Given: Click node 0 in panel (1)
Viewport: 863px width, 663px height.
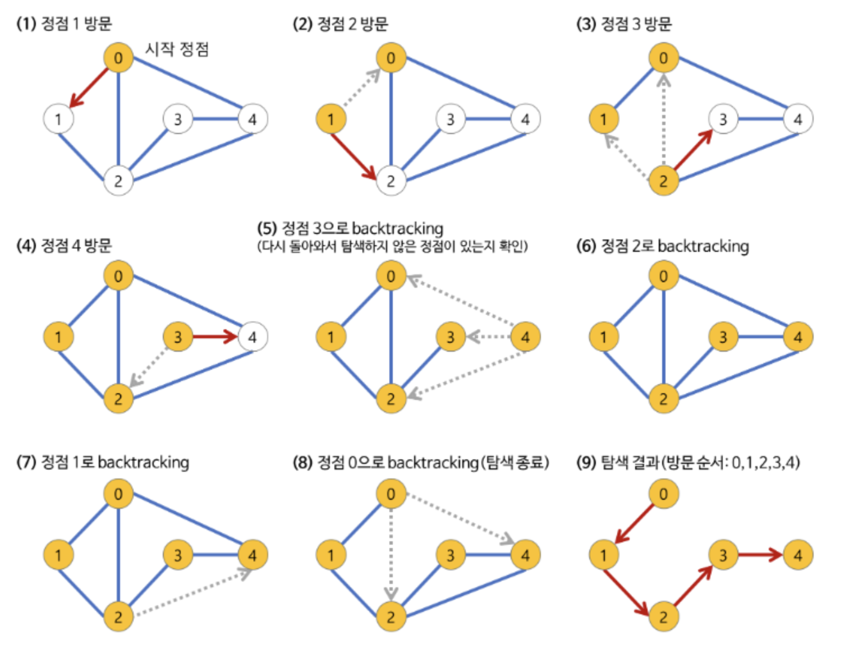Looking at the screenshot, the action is click(x=118, y=57).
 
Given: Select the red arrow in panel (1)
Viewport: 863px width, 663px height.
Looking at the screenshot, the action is click(x=89, y=87).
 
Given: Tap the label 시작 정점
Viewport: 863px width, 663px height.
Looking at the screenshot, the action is click(x=177, y=49).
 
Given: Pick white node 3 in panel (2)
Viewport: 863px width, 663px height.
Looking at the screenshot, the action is click(x=450, y=119).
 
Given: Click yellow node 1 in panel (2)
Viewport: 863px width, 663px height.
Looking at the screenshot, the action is click(x=330, y=119).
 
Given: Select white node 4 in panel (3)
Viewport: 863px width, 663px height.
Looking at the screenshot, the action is click(x=797, y=119).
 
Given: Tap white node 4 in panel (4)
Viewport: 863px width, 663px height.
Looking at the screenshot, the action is click(x=253, y=337).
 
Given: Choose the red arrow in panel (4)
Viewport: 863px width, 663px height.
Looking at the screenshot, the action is click(x=215, y=337).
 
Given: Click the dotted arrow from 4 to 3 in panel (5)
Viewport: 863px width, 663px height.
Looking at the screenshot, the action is click(x=488, y=337).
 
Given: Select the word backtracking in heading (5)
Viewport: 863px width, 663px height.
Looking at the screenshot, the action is click(x=398, y=228).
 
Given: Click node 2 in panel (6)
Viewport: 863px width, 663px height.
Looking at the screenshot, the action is click(x=663, y=399).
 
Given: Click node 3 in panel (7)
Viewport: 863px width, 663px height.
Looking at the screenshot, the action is click(x=178, y=555).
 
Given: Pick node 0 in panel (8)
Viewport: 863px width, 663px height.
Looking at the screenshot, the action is click(x=391, y=494).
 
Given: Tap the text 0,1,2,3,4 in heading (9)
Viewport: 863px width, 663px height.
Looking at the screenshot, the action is click(x=765, y=463).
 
